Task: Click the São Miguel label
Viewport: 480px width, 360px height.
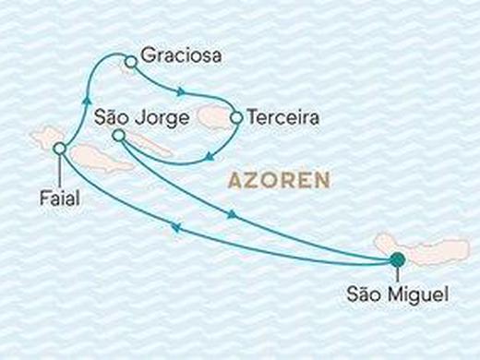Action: [x=397, y=294]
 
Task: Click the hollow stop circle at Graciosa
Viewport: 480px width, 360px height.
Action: [x=130, y=62]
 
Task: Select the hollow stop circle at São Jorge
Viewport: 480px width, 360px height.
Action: [x=118, y=136]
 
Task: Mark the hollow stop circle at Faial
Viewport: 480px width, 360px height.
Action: [x=60, y=148]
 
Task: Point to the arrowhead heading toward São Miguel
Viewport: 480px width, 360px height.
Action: [x=232, y=214]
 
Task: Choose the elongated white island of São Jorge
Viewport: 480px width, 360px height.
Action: [x=150, y=144]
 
